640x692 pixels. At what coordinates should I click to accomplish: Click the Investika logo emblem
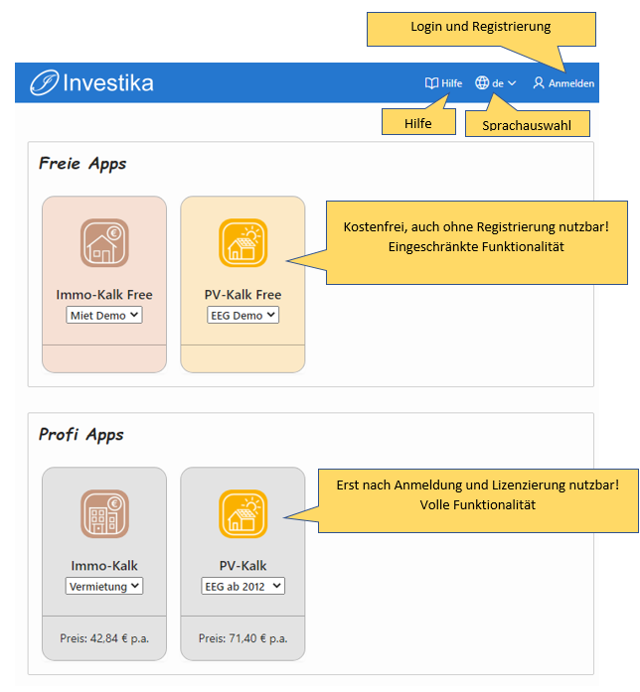pyautogui.click(x=44, y=82)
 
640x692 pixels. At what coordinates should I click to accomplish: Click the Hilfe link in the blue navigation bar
pyautogui.click(x=443, y=83)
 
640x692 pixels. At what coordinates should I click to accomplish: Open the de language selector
pyautogui.click(x=496, y=83)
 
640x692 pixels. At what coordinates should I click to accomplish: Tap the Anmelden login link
pyautogui.click(x=563, y=83)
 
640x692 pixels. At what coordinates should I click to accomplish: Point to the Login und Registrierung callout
pyautogui.click(x=481, y=29)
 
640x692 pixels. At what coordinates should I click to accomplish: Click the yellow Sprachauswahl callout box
pyautogui.click(x=528, y=123)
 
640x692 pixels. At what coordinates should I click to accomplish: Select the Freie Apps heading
pyautogui.click(x=82, y=164)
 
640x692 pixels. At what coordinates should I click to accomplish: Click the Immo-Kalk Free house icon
pyautogui.click(x=104, y=242)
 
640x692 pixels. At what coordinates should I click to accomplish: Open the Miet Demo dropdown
pyautogui.click(x=104, y=315)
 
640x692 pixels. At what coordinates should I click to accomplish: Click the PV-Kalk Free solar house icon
pyautogui.click(x=242, y=242)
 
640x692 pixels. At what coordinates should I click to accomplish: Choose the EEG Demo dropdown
pyautogui.click(x=242, y=315)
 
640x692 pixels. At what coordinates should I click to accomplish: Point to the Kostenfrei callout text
pyautogui.click(x=476, y=236)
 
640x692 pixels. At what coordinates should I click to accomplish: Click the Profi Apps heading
pyautogui.click(x=81, y=435)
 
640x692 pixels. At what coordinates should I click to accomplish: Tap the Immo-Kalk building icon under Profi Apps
pyautogui.click(x=104, y=513)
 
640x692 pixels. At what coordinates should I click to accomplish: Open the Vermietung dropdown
pyautogui.click(x=104, y=586)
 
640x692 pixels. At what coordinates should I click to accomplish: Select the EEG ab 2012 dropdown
pyautogui.click(x=242, y=586)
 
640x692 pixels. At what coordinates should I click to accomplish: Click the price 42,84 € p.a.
pyautogui.click(x=104, y=638)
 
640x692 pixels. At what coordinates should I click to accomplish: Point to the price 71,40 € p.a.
pyautogui.click(x=242, y=638)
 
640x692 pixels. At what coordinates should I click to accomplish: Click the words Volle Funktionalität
pyautogui.click(x=477, y=505)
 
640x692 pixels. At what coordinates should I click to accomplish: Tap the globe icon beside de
pyautogui.click(x=482, y=82)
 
